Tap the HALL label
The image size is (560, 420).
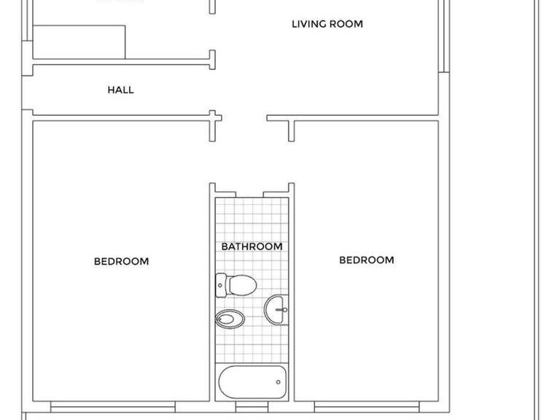click(x=120, y=90)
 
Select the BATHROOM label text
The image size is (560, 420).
click(x=252, y=246)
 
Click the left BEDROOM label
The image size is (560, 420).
click(x=121, y=261)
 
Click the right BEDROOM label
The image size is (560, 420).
click(x=366, y=260)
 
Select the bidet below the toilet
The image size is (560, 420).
click(x=228, y=318)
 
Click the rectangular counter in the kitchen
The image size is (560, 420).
click(x=79, y=42)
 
